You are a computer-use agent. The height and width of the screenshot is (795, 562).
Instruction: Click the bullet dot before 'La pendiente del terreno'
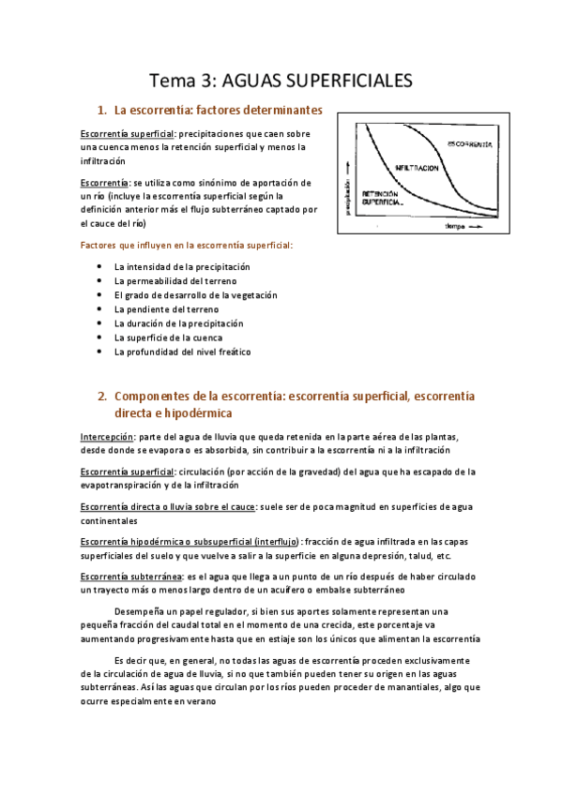(x=100, y=309)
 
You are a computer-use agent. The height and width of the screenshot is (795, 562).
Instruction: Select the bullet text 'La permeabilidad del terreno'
(x=175, y=281)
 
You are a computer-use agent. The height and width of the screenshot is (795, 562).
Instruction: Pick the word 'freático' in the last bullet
(x=232, y=352)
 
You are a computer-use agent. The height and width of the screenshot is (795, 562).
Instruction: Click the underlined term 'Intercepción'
(x=107, y=436)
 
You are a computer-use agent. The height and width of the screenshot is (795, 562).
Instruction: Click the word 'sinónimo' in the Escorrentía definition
(x=227, y=182)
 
